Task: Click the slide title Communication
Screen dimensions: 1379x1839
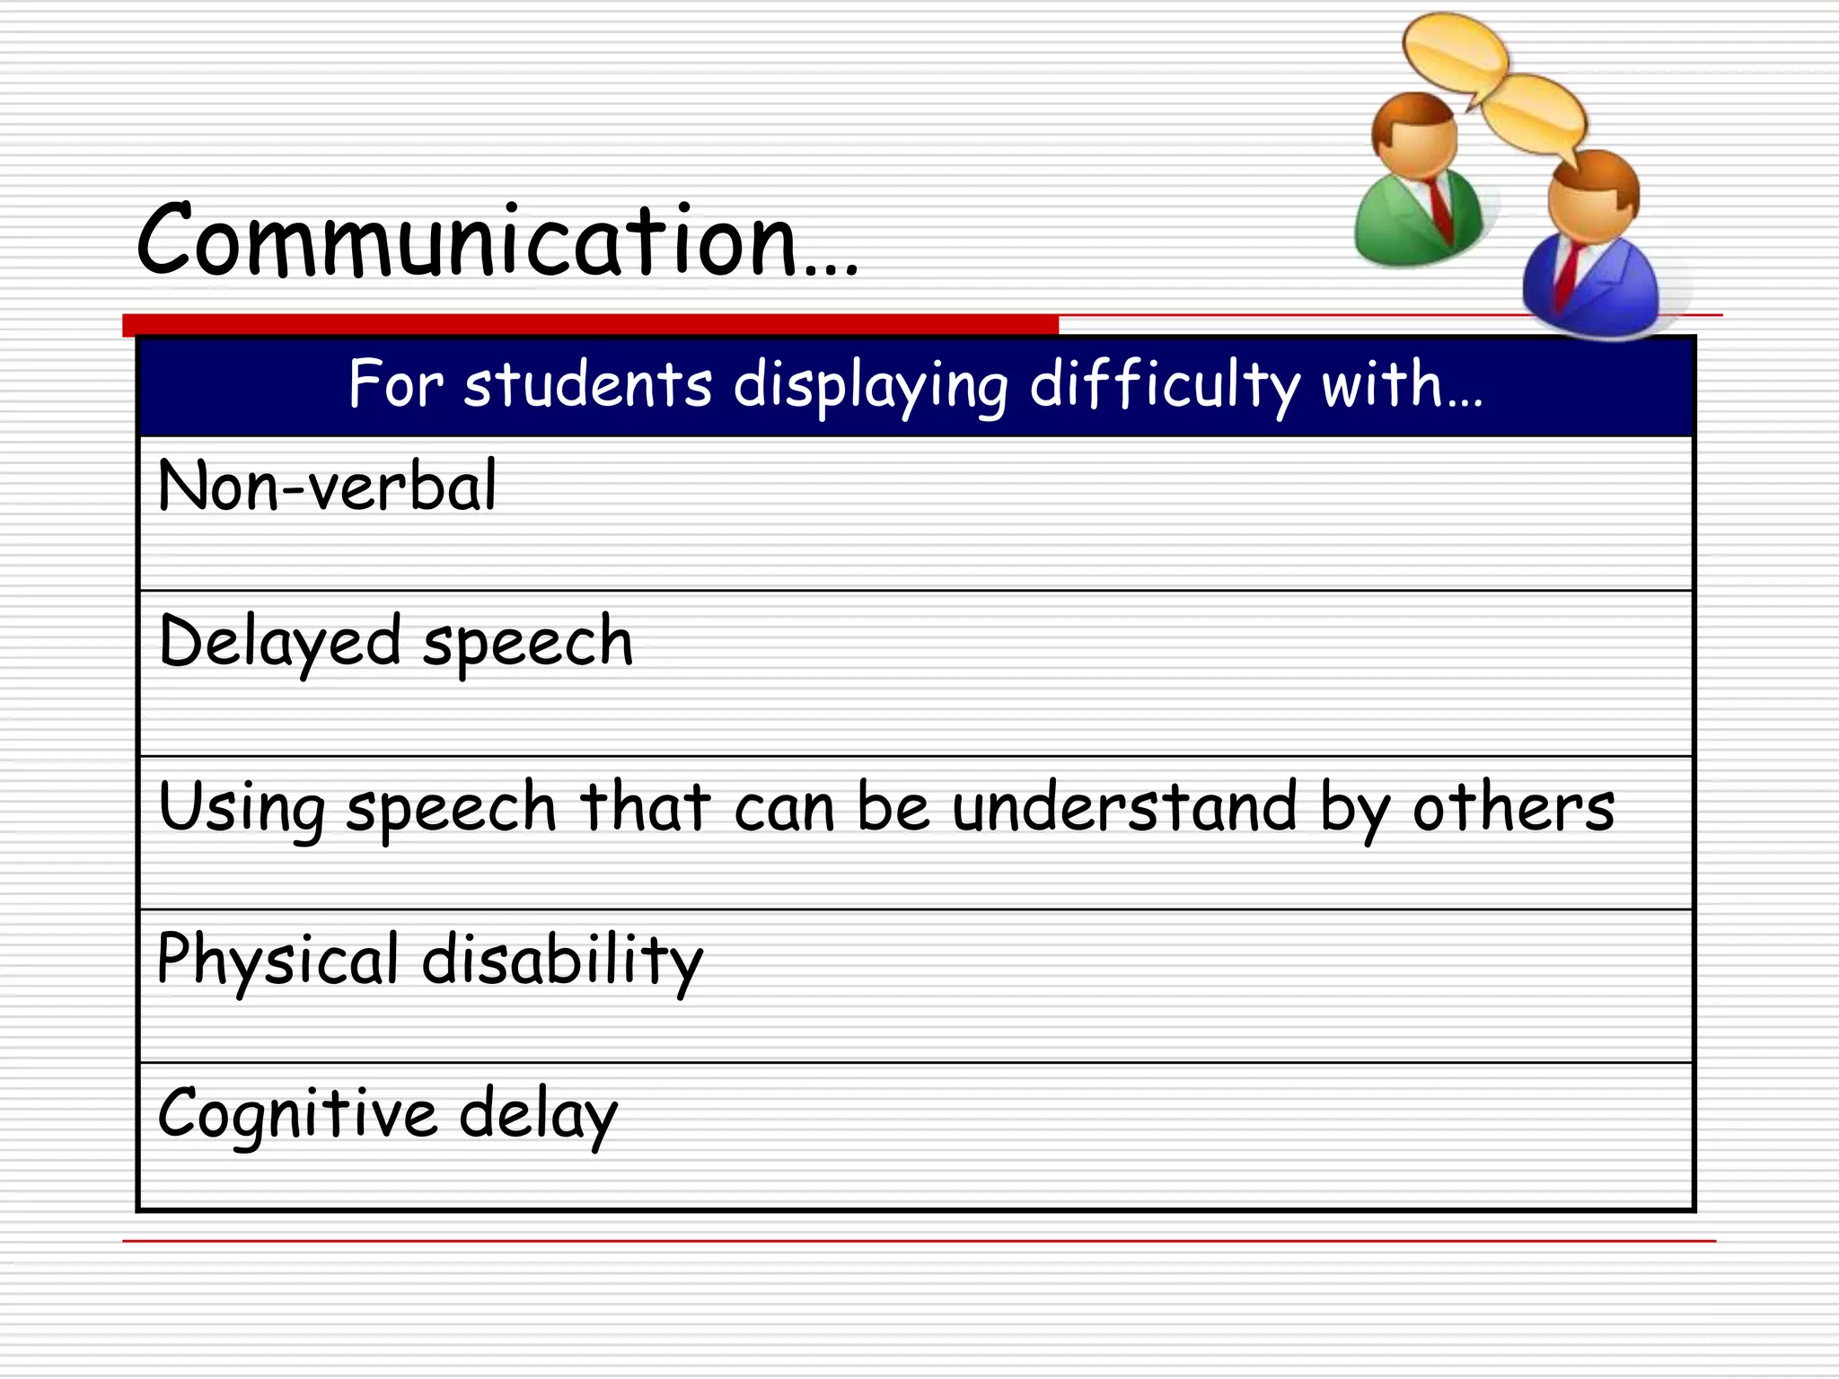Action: [x=496, y=241]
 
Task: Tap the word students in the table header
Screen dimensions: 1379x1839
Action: [x=588, y=384]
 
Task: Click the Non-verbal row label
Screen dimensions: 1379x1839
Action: [x=327, y=486]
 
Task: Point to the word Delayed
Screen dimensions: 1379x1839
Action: [x=279, y=642]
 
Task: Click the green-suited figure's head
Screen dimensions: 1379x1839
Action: [x=1415, y=135]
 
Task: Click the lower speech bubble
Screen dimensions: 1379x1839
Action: [x=1535, y=114]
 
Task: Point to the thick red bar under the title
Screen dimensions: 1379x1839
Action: [x=590, y=324]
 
